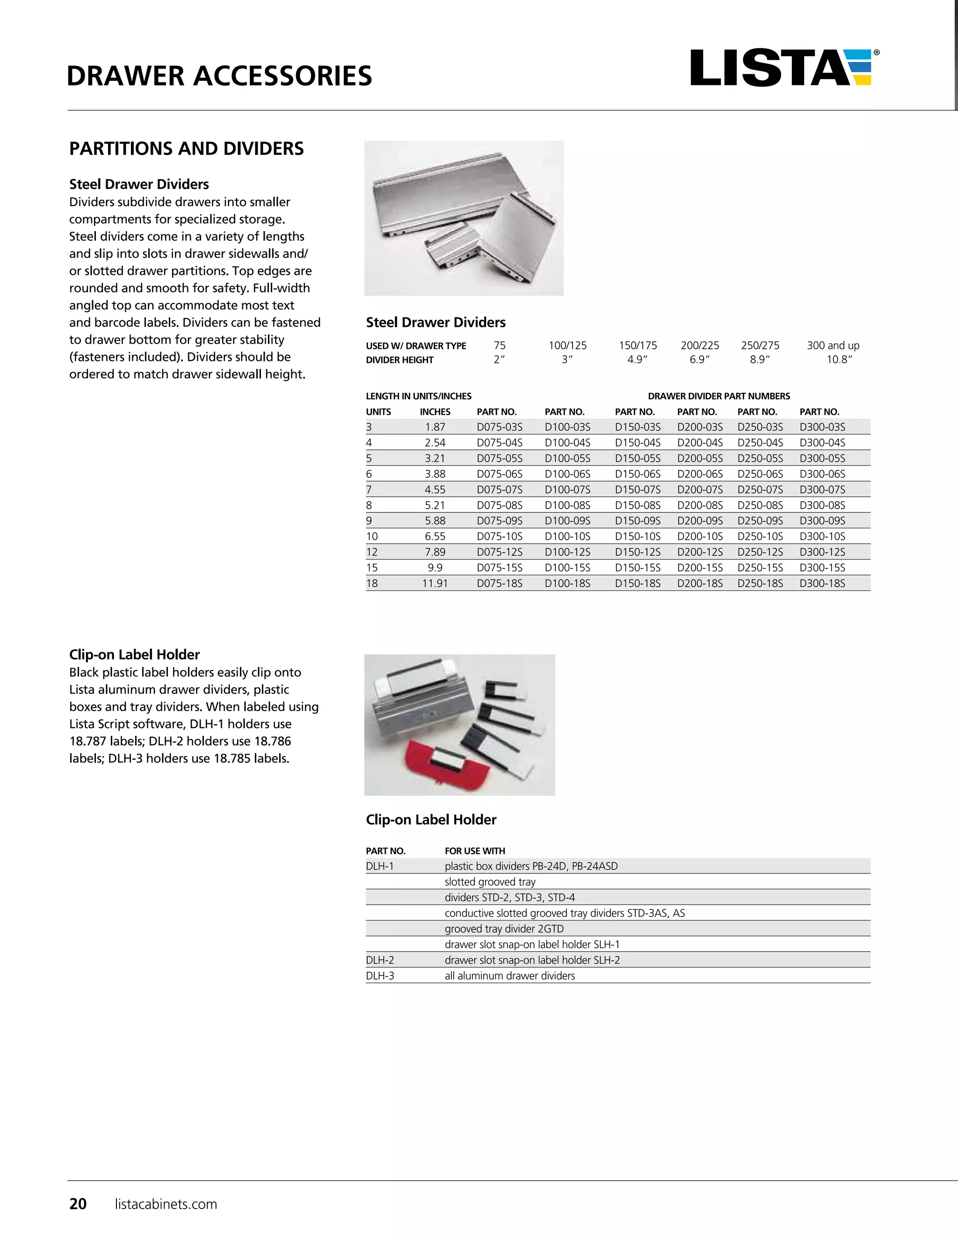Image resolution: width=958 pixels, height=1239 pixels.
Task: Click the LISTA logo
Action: pos(783,68)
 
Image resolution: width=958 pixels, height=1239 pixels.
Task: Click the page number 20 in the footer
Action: pos(78,1204)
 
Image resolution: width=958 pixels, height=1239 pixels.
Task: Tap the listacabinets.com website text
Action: pos(166,1204)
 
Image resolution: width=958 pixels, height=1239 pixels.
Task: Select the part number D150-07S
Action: pos(638,490)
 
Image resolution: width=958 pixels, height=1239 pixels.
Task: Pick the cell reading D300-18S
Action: pos(822,583)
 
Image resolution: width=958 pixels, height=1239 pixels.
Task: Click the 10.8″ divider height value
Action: pos(839,360)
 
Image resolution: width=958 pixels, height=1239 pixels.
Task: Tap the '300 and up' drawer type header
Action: pos(833,346)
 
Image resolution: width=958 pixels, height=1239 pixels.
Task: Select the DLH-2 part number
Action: pos(380,960)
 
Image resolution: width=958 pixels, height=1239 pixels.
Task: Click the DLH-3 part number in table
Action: pos(380,976)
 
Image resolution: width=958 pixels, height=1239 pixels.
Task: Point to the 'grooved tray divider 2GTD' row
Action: pos(504,929)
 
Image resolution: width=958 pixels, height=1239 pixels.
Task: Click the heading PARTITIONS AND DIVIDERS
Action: pos(186,149)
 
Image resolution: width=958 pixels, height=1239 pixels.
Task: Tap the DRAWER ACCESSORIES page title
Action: pos(219,76)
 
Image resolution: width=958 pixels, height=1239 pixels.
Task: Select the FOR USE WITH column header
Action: pos(474,851)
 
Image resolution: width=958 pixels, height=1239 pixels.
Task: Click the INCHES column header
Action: pos(435,412)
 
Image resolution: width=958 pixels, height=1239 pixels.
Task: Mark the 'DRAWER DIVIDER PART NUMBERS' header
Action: pos(718,396)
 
